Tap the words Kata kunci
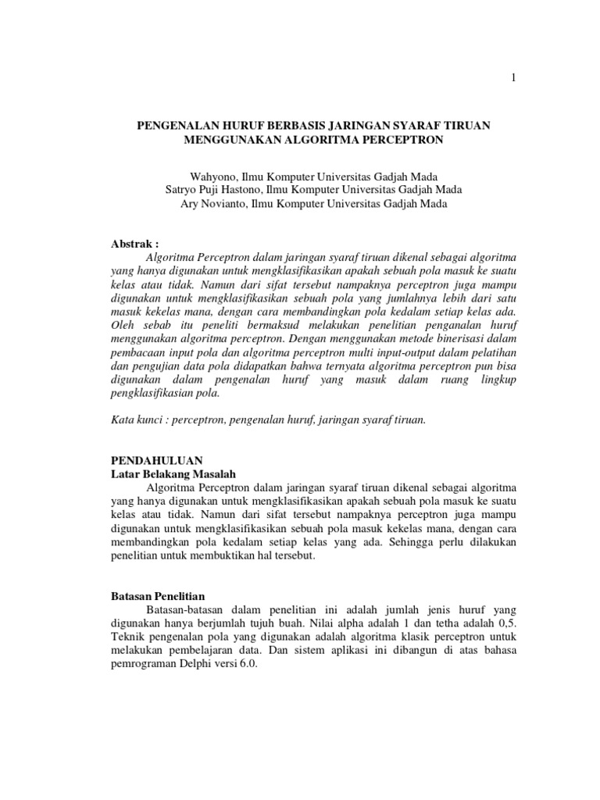click(x=134, y=420)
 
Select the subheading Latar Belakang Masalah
click(x=171, y=474)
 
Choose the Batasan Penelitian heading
click(x=156, y=596)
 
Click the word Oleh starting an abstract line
click(x=121, y=324)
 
